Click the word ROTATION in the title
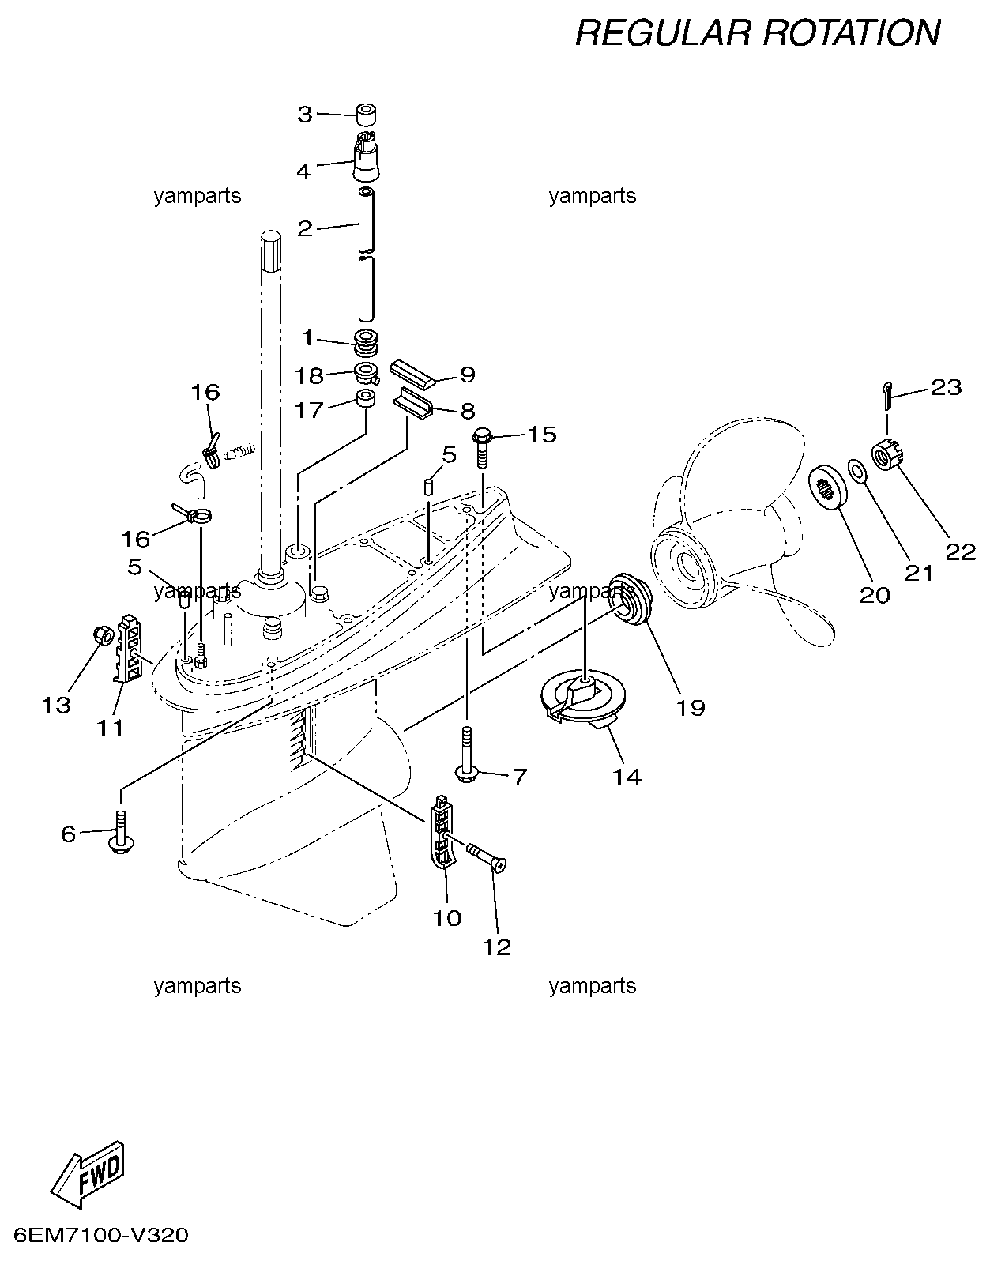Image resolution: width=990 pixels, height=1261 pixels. pyautogui.click(x=851, y=32)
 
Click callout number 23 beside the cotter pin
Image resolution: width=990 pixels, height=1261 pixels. pyautogui.click(x=947, y=388)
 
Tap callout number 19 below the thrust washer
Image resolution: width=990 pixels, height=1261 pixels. pyautogui.click(x=691, y=708)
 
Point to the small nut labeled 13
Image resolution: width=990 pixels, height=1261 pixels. pyautogui.click(x=103, y=635)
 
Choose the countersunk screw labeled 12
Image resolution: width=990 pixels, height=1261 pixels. pyautogui.click(x=487, y=858)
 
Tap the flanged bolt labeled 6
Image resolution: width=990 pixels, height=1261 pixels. pyautogui.click(x=120, y=834)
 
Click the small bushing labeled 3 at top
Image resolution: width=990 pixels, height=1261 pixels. pyautogui.click(x=366, y=114)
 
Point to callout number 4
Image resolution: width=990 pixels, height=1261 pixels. pyautogui.click(x=303, y=171)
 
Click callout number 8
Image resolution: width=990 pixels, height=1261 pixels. pyautogui.click(x=468, y=412)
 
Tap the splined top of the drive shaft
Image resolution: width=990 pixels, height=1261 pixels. pyautogui.click(x=270, y=252)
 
